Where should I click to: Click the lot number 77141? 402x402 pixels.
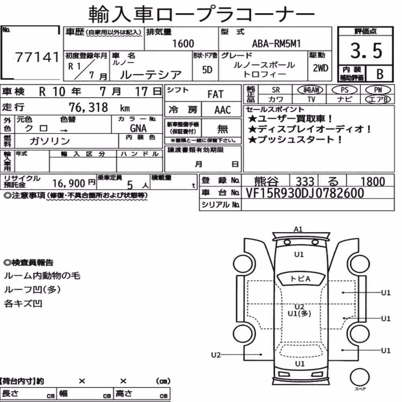pos(37,57)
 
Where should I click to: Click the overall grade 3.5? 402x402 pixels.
pos(366,51)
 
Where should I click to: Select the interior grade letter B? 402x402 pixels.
pos(380,74)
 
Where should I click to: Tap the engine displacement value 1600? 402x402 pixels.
pos(183,43)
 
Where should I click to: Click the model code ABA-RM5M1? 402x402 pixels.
pos(276,43)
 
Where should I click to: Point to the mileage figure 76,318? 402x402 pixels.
pos(88,107)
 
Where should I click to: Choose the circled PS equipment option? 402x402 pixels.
pos(345,90)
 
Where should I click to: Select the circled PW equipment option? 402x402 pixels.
pos(378,90)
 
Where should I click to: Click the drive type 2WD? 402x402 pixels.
pos(320,68)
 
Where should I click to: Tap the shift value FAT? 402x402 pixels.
pos(215,94)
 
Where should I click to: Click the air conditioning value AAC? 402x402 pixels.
pos(223,110)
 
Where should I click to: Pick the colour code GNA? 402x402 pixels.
pos(138,128)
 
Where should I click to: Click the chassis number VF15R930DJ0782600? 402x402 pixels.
pos(305,193)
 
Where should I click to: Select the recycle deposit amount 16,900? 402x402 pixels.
pos(68,183)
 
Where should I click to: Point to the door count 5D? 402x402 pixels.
pos(207,70)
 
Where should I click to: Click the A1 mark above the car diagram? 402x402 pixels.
pos(298,229)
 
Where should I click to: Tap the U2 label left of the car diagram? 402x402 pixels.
pos(215,355)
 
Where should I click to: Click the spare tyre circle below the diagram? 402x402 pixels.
pos(359,377)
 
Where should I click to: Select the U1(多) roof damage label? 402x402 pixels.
pos(299,313)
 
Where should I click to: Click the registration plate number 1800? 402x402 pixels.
pos(373,181)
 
